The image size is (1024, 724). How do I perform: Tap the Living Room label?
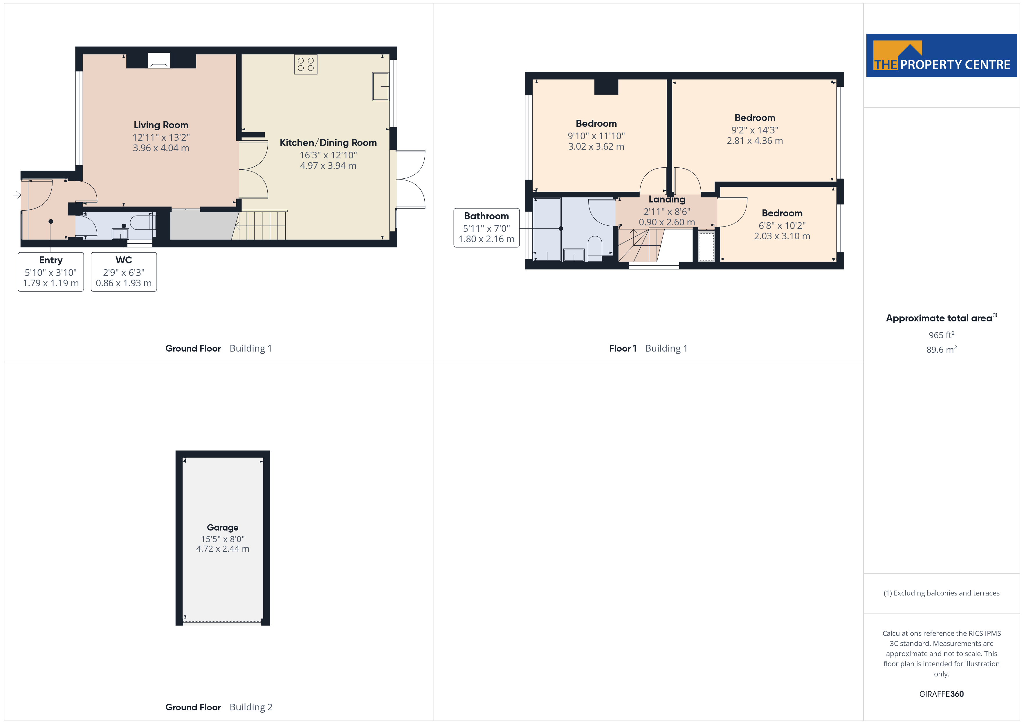click(x=161, y=125)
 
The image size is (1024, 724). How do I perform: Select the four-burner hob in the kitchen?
click(x=306, y=64)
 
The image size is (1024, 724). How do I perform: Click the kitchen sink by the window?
click(x=381, y=86)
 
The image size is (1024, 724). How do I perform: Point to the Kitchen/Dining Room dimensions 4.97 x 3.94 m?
click(x=328, y=165)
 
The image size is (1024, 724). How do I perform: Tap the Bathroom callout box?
click(x=486, y=228)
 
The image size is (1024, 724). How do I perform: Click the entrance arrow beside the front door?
click(x=17, y=195)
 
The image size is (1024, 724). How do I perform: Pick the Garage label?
click(x=223, y=527)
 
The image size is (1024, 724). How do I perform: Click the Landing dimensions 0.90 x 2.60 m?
click(x=667, y=222)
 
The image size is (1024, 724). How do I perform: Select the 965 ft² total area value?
click(x=942, y=335)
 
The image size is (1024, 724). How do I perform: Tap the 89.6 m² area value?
click(x=942, y=350)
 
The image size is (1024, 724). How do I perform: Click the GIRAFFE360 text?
click(x=942, y=694)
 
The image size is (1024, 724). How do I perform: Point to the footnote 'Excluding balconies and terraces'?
click(x=947, y=593)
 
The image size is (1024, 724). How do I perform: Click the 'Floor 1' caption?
click(x=623, y=349)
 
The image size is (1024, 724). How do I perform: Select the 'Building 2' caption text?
click(x=251, y=707)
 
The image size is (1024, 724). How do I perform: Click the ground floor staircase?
click(x=260, y=225)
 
